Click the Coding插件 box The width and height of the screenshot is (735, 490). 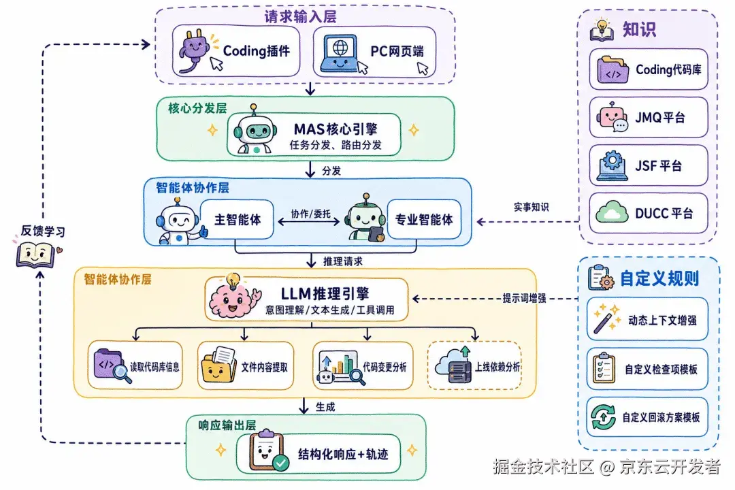point(235,51)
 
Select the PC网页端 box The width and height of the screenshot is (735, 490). point(374,52)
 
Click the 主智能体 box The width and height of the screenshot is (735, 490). point(237,219)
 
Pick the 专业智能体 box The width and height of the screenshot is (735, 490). point(424,219)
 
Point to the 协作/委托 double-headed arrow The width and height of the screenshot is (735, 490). point(309,222)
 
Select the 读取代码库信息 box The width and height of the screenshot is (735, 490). point(135,365)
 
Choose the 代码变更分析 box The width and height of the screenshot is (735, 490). point(363,365)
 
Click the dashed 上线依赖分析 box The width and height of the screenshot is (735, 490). point(474,365)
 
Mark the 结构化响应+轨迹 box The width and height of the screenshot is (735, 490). point(318,453)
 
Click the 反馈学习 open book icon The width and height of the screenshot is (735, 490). point(35,255)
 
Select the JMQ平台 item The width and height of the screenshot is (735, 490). point(649,117)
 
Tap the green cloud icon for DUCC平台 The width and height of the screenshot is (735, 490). point(612,212)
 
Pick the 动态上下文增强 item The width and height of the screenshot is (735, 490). point(647,319)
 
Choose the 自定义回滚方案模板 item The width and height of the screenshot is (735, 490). point(647,416)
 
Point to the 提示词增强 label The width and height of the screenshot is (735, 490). point(524,298)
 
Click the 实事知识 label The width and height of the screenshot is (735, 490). point(531,207)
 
